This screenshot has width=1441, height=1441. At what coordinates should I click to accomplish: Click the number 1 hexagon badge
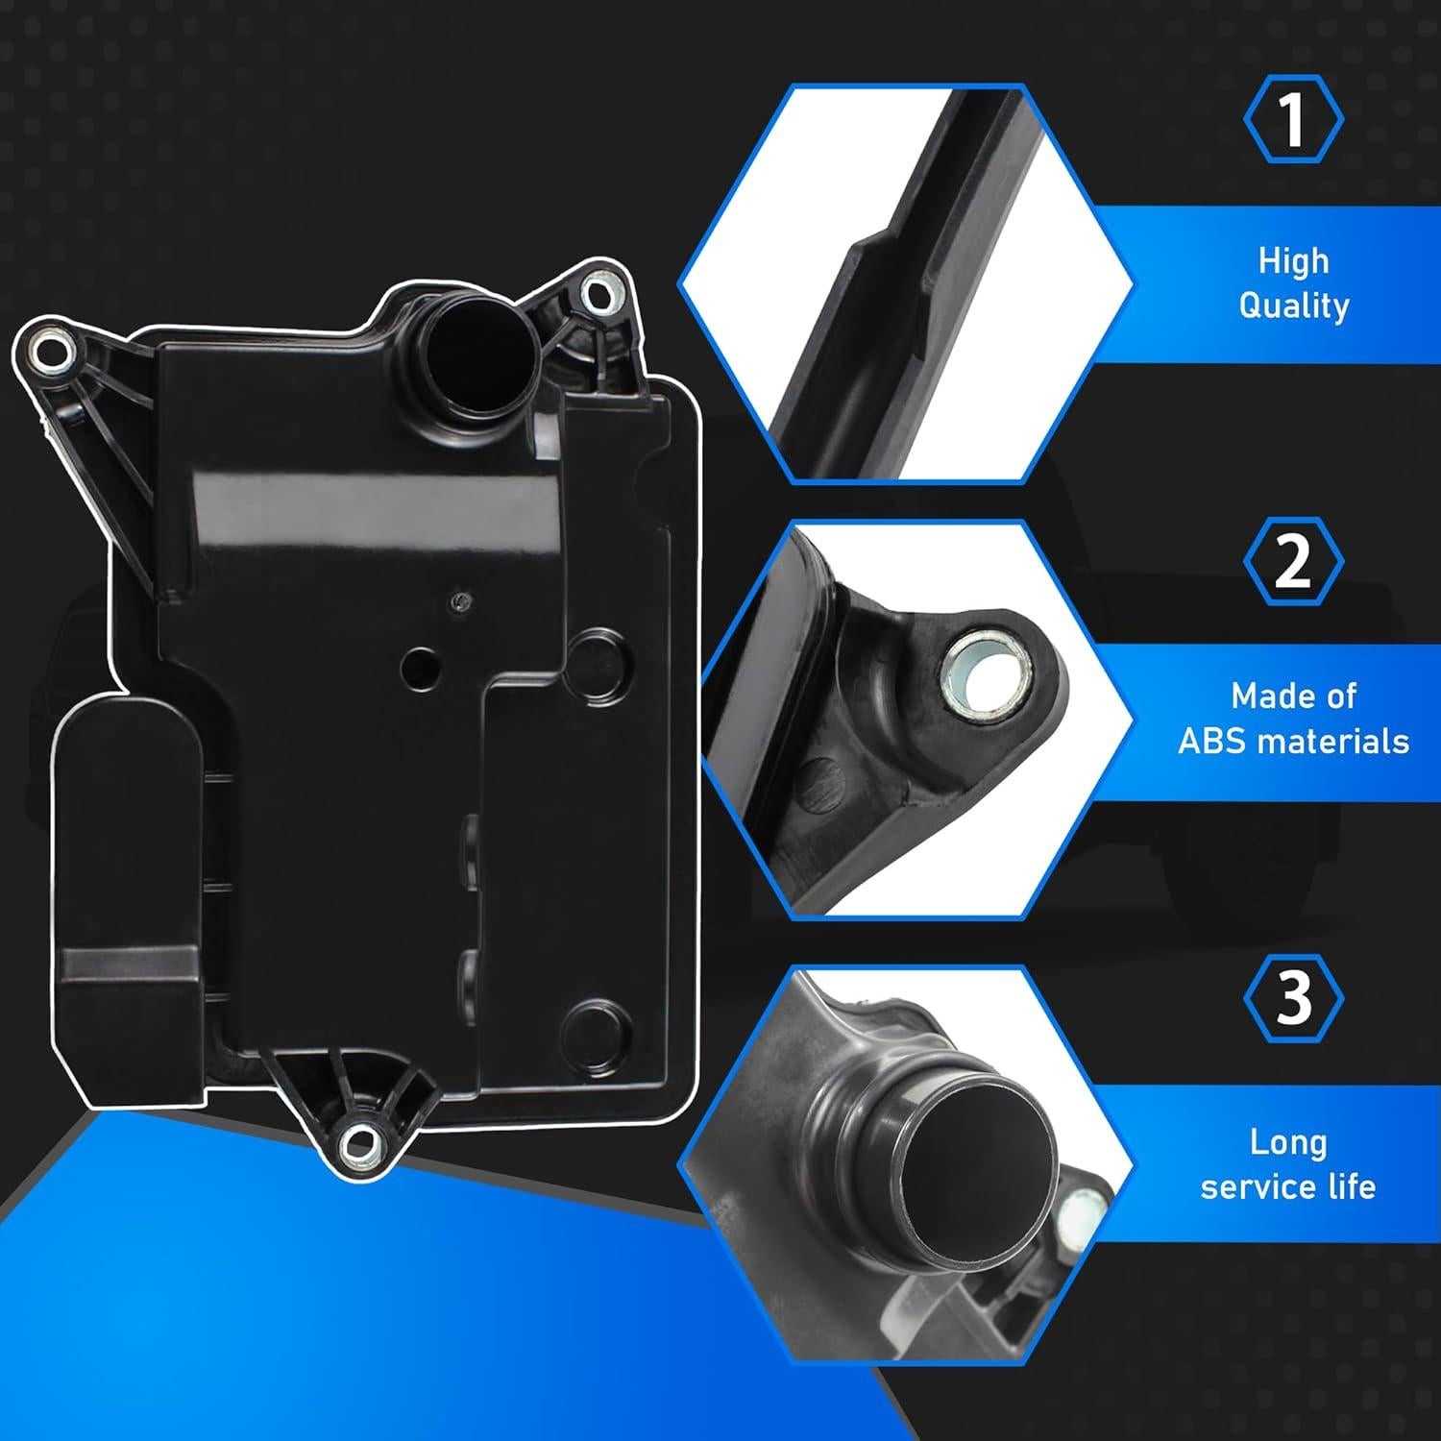click(x=1293, y=119)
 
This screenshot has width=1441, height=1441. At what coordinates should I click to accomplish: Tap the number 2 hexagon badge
click(x=1293, y=561)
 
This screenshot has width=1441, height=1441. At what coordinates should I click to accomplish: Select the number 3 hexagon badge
click(x=1293, y=998)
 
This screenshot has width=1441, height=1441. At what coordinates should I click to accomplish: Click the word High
click(x=1293, y=261)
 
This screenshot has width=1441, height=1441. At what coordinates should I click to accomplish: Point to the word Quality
click(x=1293, y=305)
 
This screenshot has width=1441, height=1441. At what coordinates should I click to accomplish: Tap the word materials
click(x=1337, y=742)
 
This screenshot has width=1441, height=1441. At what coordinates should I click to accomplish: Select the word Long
click(x=1287, y=1142)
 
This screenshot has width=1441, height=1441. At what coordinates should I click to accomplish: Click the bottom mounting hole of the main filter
click(x=359, y=1142)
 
